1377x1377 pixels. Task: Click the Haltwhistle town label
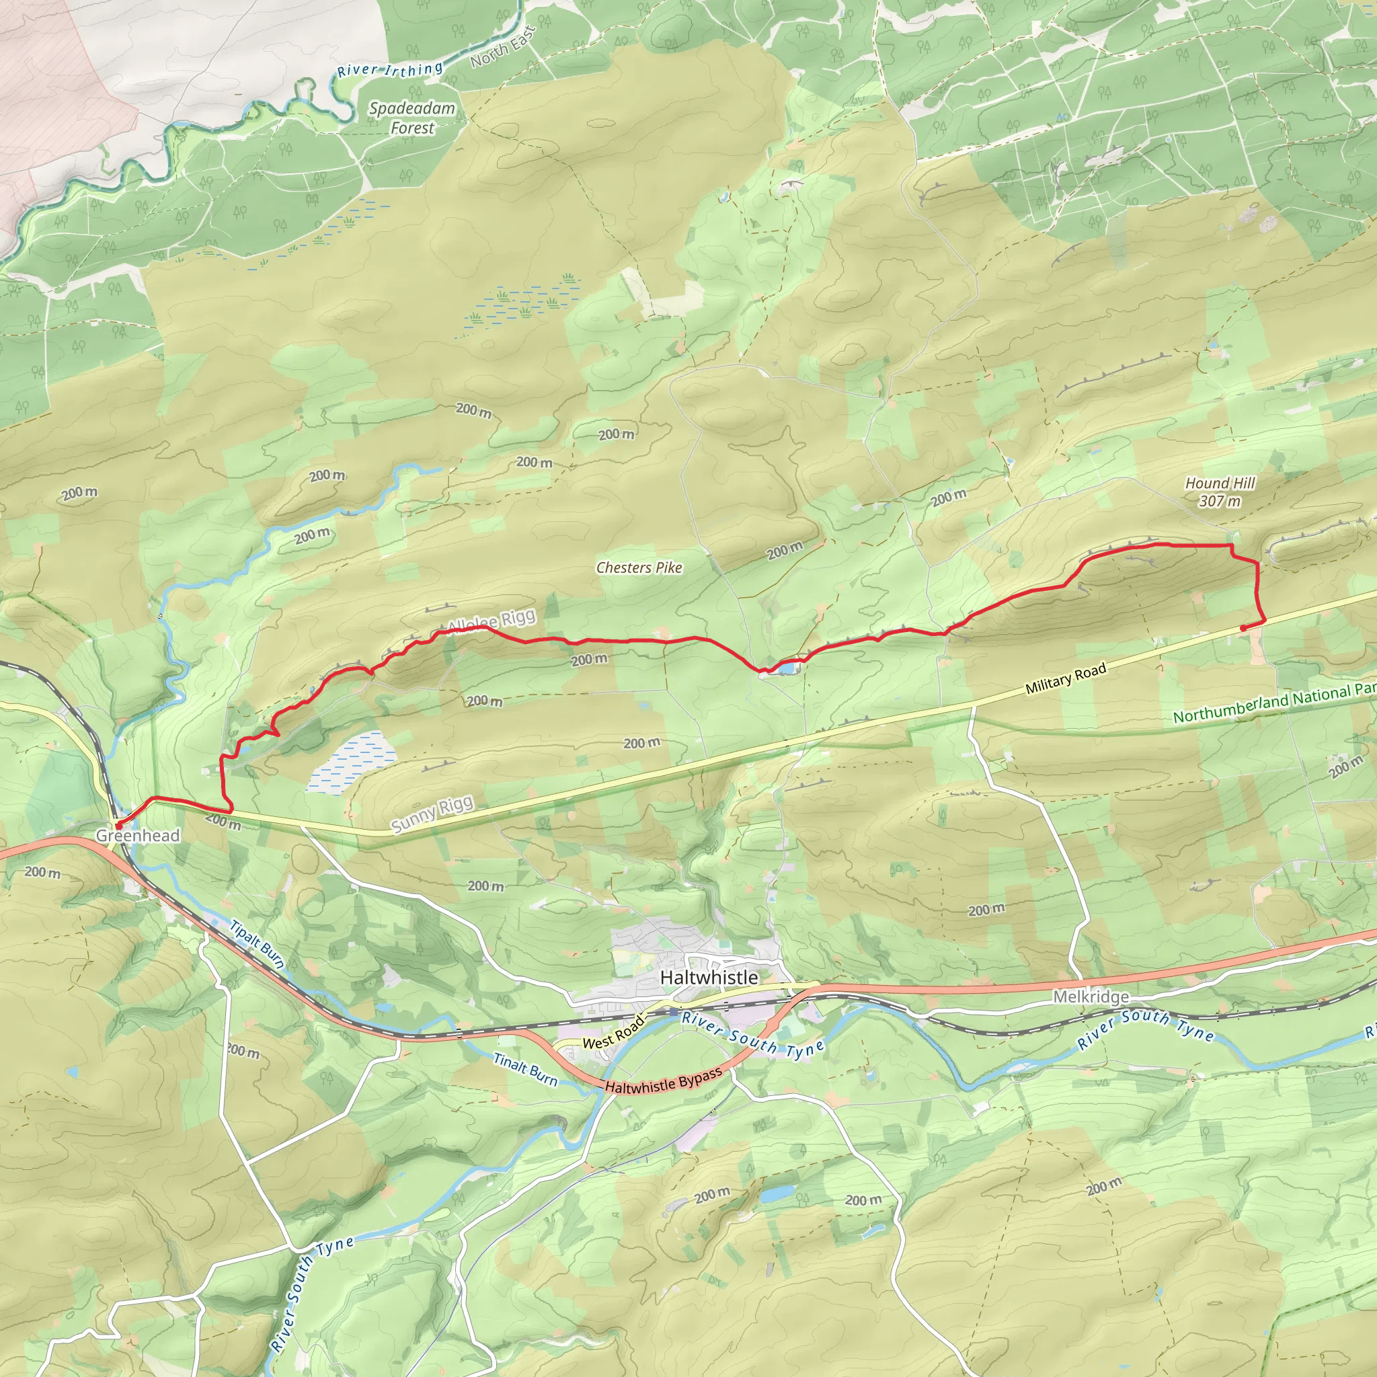[x=709, y=977]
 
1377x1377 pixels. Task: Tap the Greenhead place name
[x=138, y=835]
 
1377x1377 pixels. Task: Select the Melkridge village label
[x=1091, y=996]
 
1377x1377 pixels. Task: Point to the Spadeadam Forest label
[x=412, y=118]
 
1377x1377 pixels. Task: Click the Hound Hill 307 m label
[x=1220, y=491]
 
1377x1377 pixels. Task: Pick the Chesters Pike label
[x=639, y=568]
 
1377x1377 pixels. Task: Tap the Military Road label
[x=1066, y=678]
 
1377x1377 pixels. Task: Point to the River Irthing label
[x=390, y=70]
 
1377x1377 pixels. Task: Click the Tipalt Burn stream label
[x=258, y=945]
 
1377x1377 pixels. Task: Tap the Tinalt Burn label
[x=525, y=1069]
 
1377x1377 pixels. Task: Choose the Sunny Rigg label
[x=432, y=814]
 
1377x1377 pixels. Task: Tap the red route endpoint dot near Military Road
[x=1243, y=628]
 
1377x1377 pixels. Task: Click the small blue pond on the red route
[x=787, y=668]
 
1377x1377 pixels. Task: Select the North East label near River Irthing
[x=502, y=48]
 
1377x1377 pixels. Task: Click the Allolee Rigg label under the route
[x=491, y=621]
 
